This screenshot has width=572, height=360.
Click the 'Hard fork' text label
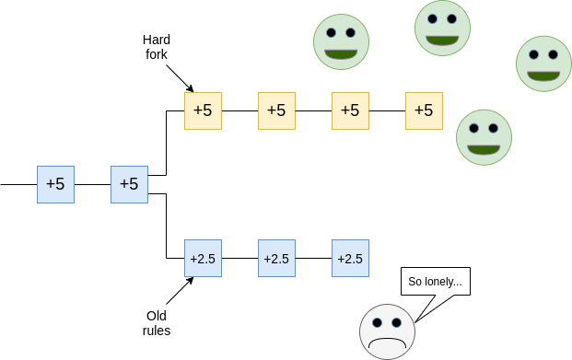pyautogui.click(x=157, y=47)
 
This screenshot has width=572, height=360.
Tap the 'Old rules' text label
pyautogui.click(x=157, y=323)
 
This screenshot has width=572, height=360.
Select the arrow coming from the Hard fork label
pyautogui.click(x=180, y=78)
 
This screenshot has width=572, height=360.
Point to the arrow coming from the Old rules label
pyautogui.click(x=180, y=291)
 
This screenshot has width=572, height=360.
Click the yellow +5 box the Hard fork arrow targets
pyautogui.click(x=203, y=110)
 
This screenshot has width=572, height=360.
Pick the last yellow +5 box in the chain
pyautogui.click(x=424, y=110)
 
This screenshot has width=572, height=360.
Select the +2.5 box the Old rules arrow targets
pyautogui.click(x=203, y=258)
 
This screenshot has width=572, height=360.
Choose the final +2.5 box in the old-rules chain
pyautogui.click(x=350, y=258)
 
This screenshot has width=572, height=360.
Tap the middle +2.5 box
pyautogui.click(x=276, y=258)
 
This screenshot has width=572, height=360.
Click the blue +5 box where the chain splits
pyautogui.click(x=129, y=184)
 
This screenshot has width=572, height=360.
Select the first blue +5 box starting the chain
pyautogui.click(x=55, y=184)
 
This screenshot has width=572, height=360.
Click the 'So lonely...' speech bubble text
pyautogui.click(x=435, y=282)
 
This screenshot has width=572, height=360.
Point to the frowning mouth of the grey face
pyautogui.click(x=387, y=343)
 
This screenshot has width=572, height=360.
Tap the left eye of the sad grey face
pyautogui.click(x=378, y=322)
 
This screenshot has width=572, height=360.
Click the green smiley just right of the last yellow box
pyautogui.click(x=484, y=137)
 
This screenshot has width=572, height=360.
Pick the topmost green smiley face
pyautogui.click(x=442, y=29)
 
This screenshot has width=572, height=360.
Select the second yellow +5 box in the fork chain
pyautogui.click(x=276, y=110)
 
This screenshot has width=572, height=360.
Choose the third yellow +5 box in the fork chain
pyautogui.click(x=350, y=110)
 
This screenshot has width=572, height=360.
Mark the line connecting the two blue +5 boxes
pyautogui.click(x=93, y=184)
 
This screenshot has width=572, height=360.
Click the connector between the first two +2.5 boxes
pyautogui.click(x=240, y=258)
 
